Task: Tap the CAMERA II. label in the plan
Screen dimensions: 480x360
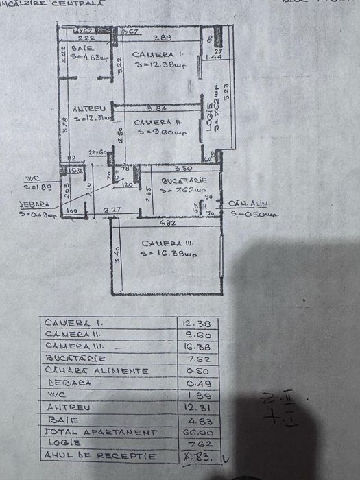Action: (158, 121)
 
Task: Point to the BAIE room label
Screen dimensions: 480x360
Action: (87, 47)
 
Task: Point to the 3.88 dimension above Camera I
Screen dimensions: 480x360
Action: (162, 38)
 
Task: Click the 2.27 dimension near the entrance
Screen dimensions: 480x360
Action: (112, 210)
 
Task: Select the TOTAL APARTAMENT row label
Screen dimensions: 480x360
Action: (100, 433)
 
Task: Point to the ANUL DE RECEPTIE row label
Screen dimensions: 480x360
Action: (99, 456)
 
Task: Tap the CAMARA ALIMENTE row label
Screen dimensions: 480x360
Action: (97, 371)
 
